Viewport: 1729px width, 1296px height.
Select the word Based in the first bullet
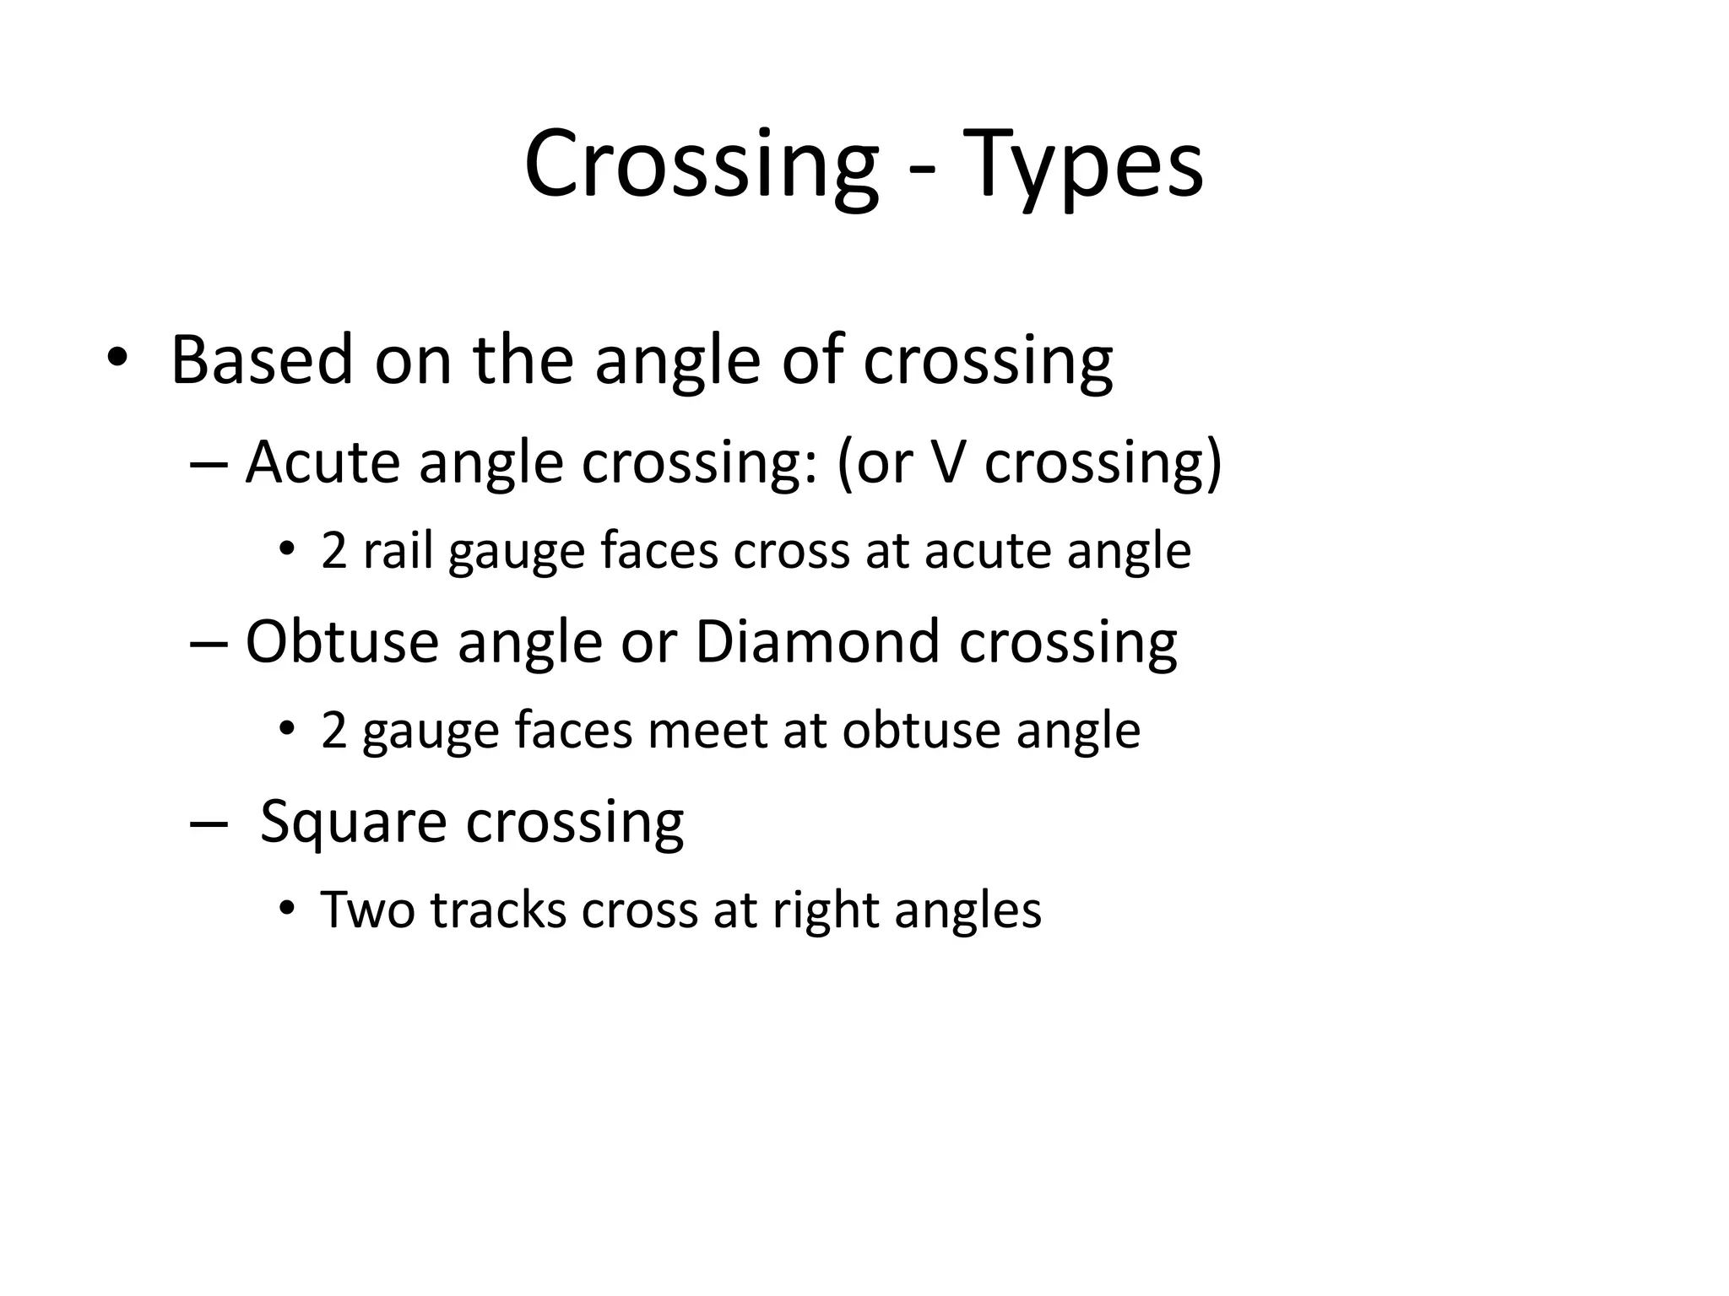click(x=262, y=361)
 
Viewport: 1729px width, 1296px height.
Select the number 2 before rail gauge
click(x=334, y=551)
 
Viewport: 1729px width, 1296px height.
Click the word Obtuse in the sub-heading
click(x=342, y=642)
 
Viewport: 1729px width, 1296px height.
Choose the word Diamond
click(x=816, y=642)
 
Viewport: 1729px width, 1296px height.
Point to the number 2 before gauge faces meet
click(x=334, y=731)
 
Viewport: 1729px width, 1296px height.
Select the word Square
click(x=353, y=823)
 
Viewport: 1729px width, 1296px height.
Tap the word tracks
click(x=498, y=910)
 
